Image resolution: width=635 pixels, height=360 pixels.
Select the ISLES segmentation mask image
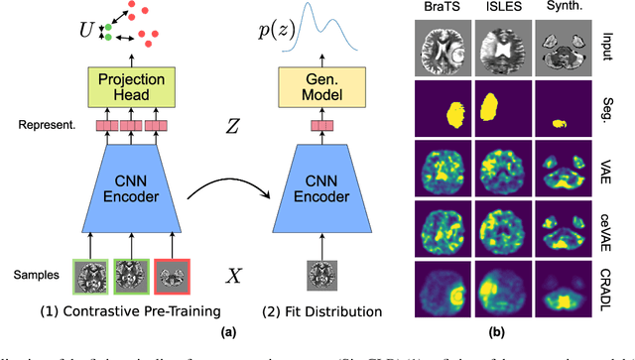click(501, 107)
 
